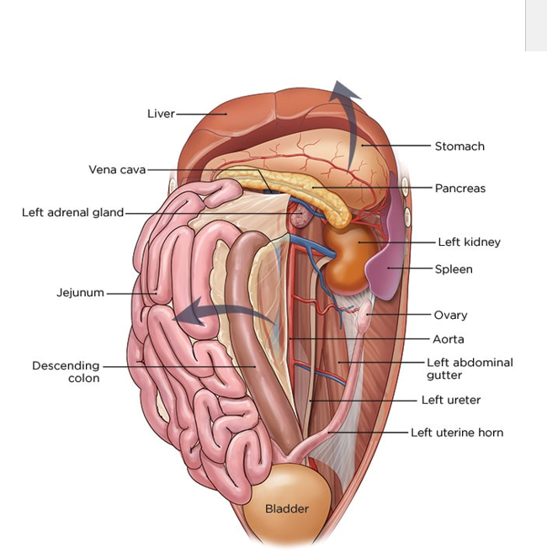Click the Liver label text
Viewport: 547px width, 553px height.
161,114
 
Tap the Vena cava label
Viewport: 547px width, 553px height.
117,169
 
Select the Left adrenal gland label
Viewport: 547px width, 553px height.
72,213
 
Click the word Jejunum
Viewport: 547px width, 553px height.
80,293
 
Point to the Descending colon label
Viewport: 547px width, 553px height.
66,372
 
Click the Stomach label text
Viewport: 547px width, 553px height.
459,146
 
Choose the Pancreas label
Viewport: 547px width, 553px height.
459,189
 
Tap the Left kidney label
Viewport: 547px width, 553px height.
469,242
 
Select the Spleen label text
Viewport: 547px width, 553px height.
454,269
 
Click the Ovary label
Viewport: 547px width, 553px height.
450,316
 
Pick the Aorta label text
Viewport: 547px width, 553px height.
448,339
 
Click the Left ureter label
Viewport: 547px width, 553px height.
451,401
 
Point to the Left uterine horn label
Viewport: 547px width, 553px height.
457,433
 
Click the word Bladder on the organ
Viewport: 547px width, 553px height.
287,508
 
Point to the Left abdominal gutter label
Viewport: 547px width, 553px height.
469,369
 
